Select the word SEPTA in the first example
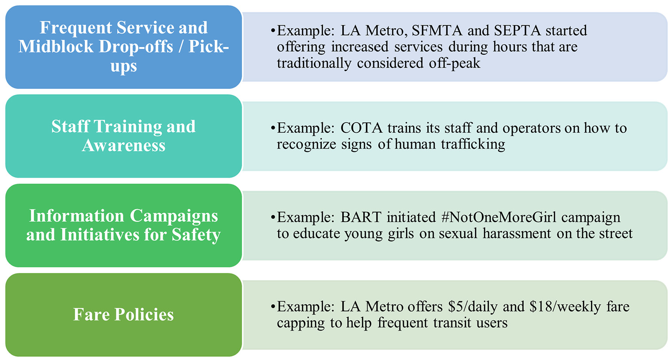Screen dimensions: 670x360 (x=517, y=31)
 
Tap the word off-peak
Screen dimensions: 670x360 (x=455, y=64)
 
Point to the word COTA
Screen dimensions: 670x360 (x=361, y=128)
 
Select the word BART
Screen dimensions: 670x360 (x=361, y=217)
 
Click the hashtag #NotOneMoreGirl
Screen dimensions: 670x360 (x=499, y=217)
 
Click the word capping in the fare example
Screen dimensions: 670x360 (x=301, y=324)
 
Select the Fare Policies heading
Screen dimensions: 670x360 (x=124, y=315)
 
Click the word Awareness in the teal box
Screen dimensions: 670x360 (x=124, y=146)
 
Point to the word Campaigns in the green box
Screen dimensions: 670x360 (x=174, y=216)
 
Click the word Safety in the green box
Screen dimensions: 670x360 (x=196, y=235)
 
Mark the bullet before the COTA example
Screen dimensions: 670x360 (x=273, y=128)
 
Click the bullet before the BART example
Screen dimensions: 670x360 (x=273, y=217)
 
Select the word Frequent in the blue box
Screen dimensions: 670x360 (x=76, y=28)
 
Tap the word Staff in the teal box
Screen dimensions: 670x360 (x=70, y=127)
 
